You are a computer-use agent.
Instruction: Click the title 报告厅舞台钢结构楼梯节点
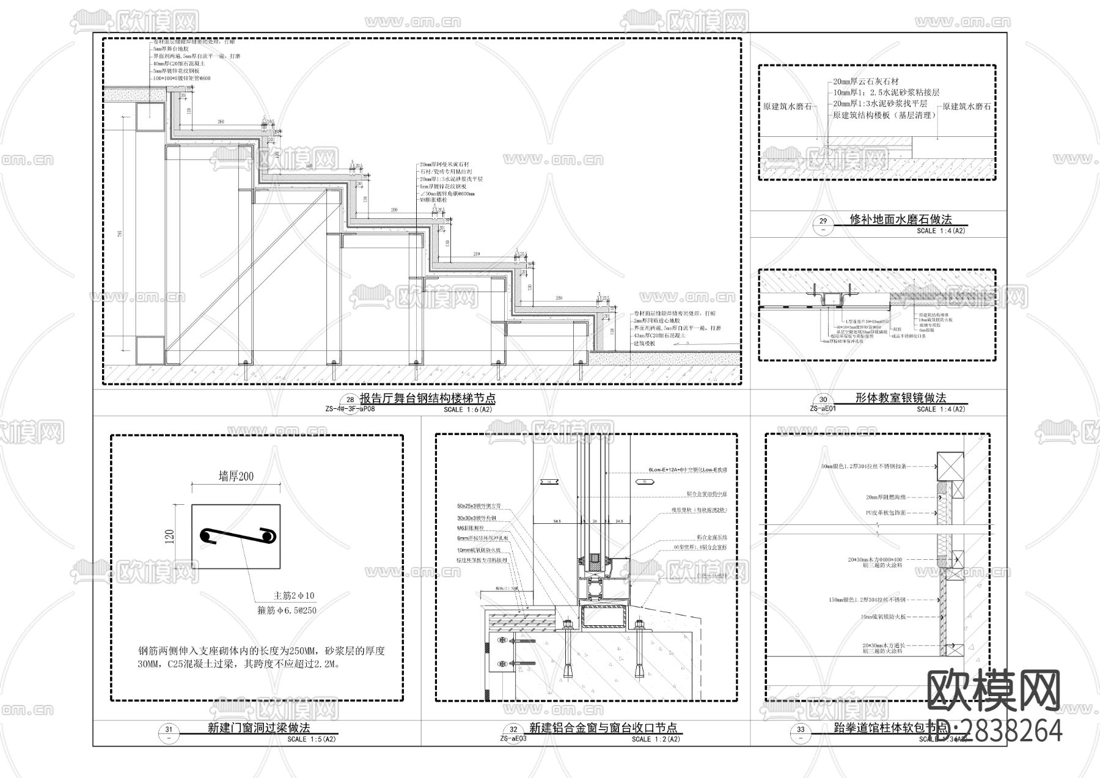427,398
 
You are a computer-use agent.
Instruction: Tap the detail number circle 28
350,400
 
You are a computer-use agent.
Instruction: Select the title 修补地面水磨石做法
900,219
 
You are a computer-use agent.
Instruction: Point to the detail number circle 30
823,400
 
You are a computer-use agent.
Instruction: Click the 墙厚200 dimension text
236,476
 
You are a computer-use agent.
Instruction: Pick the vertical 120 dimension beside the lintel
170,536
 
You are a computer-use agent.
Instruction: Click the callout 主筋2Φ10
293,595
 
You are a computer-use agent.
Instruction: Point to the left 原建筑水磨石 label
788,106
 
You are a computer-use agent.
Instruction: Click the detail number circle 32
513,729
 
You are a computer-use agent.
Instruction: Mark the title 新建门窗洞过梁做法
258,728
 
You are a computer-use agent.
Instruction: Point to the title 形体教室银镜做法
900,398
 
